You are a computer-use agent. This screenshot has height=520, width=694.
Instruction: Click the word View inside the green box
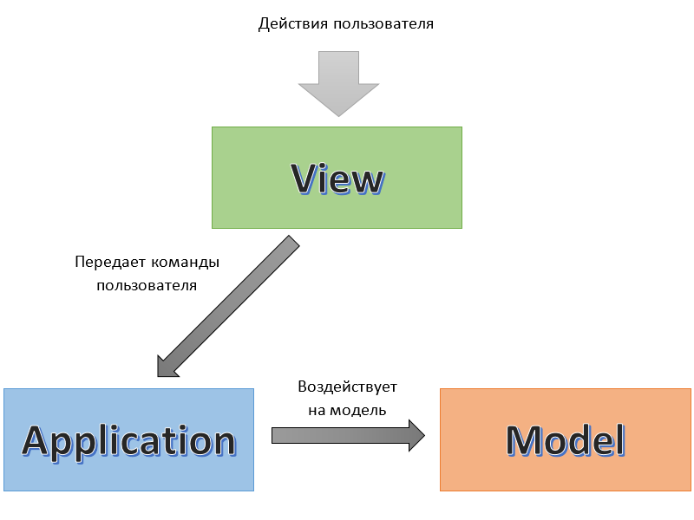(337, 179)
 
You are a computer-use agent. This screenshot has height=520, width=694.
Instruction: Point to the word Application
(128, 440)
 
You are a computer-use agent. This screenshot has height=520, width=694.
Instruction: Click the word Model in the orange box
(566, 440)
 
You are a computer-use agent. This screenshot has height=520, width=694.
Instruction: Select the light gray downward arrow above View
(338, 82)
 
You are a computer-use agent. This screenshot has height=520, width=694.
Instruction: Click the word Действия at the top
(291, 24)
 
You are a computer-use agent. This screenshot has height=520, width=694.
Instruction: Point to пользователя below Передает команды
(146, 284)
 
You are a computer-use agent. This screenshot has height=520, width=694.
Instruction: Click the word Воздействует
(347, 387)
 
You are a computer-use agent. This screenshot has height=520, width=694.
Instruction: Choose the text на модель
(347, 409)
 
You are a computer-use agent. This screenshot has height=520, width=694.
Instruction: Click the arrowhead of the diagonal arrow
(167, 365)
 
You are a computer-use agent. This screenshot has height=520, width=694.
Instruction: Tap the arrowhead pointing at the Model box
(416, 434)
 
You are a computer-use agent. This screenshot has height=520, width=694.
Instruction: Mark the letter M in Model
(522, 440)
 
